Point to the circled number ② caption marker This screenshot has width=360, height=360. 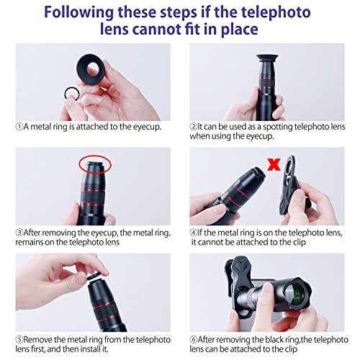click(194, 126)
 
